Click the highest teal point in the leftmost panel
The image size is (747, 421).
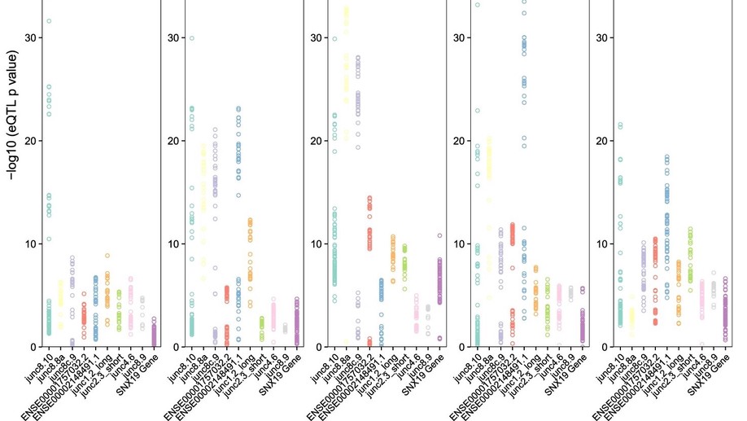49,20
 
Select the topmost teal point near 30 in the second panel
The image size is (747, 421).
192,38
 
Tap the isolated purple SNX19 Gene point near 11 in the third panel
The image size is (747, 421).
440,235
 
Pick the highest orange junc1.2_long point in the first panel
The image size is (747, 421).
107,256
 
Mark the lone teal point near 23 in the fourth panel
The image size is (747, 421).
478,110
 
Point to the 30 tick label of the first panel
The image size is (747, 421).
31,37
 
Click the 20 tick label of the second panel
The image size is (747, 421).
173,141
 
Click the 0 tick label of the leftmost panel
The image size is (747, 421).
33,347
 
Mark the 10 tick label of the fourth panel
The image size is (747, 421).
459,243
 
